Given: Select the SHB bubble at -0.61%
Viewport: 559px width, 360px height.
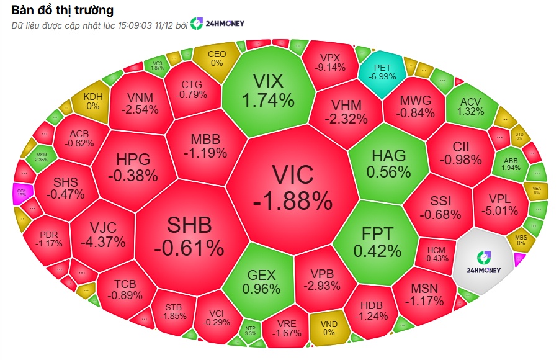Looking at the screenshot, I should coord(189,236).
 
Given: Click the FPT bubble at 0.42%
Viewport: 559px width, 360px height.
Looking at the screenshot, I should coord(377,241).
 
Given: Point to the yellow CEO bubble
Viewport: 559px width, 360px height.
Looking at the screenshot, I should coord(217,58).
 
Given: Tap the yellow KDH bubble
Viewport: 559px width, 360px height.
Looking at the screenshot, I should coord(92,101).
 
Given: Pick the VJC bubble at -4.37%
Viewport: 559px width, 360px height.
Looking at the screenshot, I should coord(102,233).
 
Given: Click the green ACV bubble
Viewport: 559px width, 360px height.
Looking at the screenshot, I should coord(470,106).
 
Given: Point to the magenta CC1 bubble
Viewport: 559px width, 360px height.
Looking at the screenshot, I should coord(22,192).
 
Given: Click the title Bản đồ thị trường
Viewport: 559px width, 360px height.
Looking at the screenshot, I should coord(62,10).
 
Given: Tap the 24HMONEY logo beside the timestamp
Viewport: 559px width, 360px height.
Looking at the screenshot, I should coord(217,24).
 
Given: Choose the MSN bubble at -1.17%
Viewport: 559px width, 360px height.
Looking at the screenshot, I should coord(425,295).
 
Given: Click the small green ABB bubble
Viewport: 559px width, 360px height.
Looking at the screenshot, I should coord(511,163).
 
